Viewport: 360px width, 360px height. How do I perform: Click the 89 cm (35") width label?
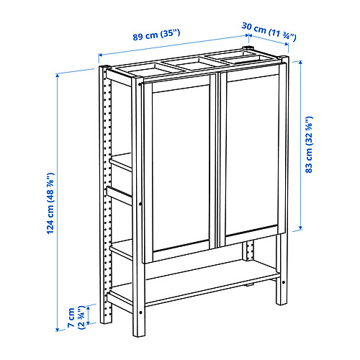pos(156,35)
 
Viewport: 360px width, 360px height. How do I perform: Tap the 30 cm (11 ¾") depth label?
pos(269,32)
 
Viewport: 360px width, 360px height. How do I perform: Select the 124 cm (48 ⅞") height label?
pos(50,203)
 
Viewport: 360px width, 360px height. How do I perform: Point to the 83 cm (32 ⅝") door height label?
pos(309,145)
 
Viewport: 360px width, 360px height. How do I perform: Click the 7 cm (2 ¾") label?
pos(76,318)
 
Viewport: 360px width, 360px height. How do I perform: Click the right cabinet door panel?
pos(253,156)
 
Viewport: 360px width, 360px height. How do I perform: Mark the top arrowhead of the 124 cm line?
pos(57,76)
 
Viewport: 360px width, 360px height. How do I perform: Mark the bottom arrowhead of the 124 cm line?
pos(58,330)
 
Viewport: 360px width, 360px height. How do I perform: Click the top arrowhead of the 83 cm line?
pos(300,63)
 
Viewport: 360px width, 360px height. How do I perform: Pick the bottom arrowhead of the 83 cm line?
pos(300,228)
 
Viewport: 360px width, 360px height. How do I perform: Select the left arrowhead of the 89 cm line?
pos(101,55)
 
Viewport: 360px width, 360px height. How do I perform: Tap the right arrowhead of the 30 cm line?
pos(287,44)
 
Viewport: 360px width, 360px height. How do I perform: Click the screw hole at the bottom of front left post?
pos(140,312)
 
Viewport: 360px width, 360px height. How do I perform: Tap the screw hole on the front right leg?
pos(284,282)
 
